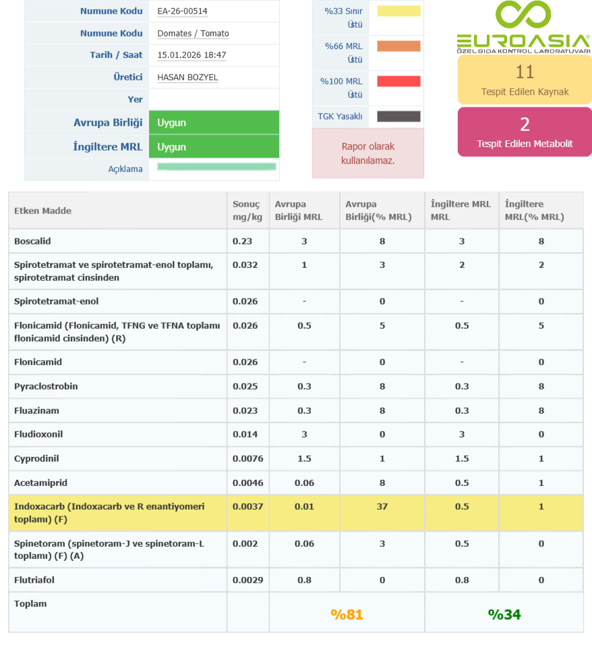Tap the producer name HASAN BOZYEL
187,77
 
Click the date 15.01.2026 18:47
191,55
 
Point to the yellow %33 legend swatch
398,11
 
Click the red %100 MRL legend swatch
398,81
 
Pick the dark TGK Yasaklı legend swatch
398,116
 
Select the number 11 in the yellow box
525,72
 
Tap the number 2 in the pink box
525,124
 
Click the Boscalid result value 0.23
241,241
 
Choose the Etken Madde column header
42,211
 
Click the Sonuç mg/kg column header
247,211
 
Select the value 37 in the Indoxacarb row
382,506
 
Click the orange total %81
347,614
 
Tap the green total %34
504,614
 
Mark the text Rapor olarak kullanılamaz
367,153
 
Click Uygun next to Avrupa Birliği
171,123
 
